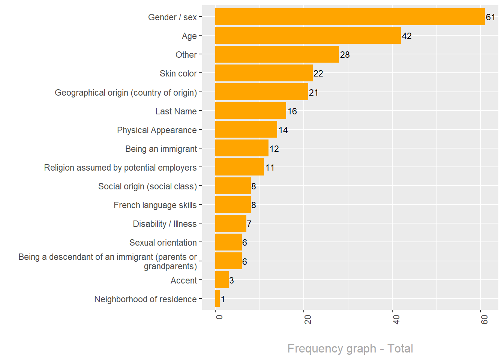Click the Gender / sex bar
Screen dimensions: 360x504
coord(350,17)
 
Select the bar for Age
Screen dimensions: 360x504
coord(308,36)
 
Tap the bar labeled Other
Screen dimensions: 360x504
coord(277,54)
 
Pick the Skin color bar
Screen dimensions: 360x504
coord(264,73)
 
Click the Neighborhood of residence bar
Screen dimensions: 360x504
coord(217,298)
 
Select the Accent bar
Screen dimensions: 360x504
coord(222,280)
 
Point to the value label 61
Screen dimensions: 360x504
coord(490,17)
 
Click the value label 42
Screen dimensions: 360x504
coord(407,36)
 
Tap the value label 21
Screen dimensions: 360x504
coord(314,93)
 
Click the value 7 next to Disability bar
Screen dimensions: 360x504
coord(249,224)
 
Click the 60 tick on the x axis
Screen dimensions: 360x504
coord(484,319)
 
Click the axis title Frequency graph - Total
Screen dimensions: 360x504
coord(350,348)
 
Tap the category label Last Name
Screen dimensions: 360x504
coord(176,111)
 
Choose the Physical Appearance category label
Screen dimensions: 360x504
coord(157,130)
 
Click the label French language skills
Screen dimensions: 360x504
coord(155,205)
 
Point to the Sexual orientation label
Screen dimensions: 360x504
coord(163,243)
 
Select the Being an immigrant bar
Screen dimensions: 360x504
coord(242,148)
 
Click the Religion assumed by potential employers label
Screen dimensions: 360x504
coord(120,168)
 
